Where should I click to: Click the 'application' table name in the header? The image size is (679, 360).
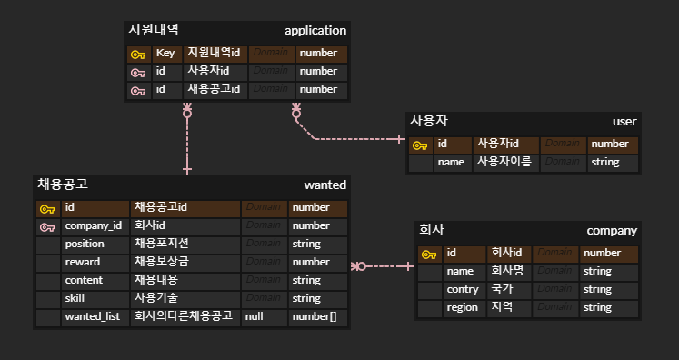[x=315, y=31]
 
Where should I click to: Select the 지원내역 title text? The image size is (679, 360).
[x=154, y=31]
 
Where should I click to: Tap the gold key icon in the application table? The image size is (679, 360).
[x=138, y=54]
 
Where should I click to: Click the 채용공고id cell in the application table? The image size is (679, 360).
[x=214, y=89]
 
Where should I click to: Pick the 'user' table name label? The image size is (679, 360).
[x=624, y=122]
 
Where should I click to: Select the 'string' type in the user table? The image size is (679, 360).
[x=604, y=162]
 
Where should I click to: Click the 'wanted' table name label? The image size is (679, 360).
[x=325, y=185]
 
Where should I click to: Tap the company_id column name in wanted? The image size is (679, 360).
[x=93, y=225]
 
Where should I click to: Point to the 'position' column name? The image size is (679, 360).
[x=84, y=244]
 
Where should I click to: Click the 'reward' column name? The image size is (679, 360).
[x=82, y=262]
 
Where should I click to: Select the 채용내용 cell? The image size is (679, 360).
[x=156, y=280]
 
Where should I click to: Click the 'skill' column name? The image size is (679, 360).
[x=75, y=298]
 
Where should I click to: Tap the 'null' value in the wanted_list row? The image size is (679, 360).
[x=254, y=316]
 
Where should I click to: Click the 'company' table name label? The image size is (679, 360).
[x=612, y=230]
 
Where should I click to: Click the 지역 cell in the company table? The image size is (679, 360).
[x=502, y=307]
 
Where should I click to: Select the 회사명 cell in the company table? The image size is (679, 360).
[x=507, y=271]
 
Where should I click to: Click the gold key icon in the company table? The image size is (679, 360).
[x=429, y=253]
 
